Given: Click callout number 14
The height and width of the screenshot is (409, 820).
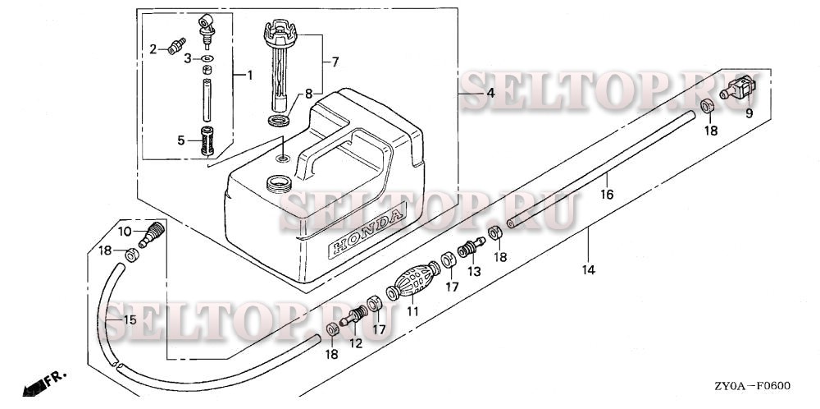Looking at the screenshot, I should [589, 269].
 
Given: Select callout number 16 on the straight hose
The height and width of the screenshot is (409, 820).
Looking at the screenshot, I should [607, 195].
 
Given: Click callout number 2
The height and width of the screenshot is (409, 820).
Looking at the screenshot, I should [153, 50].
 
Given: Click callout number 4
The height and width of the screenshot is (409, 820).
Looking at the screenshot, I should [490, 94].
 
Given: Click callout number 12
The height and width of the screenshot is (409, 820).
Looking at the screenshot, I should [356, 343].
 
